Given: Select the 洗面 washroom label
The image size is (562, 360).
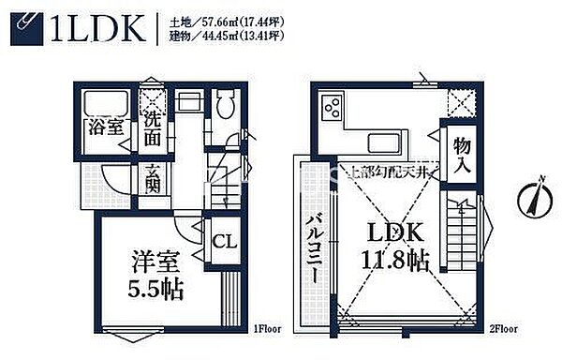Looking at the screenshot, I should click(x=154, y=128).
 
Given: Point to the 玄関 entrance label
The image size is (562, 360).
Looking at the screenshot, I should click(x=153, y=179).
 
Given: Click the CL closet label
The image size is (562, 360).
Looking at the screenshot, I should click(x=223, y=241).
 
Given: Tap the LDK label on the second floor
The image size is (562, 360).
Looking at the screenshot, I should click(x=392, y=232).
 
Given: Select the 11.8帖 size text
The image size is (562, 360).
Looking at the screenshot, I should click(x=392, y=260).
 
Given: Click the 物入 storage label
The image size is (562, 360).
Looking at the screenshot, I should click(x=461, y=155).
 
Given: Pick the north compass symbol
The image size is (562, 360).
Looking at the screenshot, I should click(x=530, y=199).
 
